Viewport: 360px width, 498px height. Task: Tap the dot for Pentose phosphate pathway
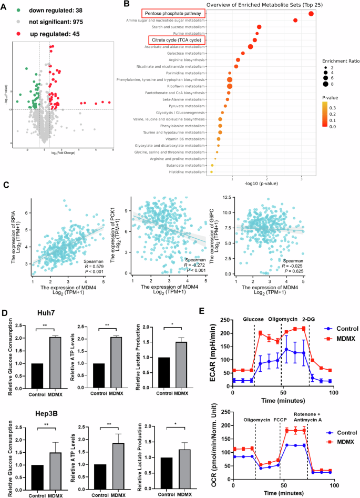[x=311, y=14]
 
